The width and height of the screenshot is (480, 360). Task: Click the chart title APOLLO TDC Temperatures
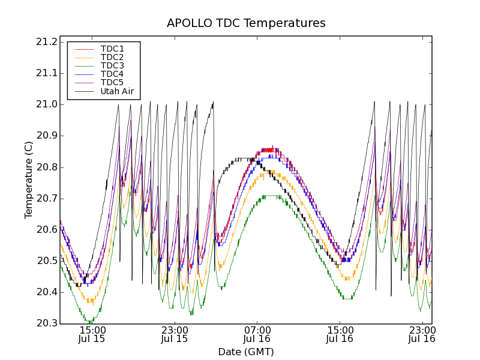pyautogui.click(x=246, y=23)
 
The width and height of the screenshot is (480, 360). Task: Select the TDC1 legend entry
pyautogui.click(x=112, y=49)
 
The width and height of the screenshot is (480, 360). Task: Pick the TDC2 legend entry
pyautogui.click(x=112, y=57)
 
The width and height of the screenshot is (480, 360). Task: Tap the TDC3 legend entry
pyautogui.click(x=112, y=65)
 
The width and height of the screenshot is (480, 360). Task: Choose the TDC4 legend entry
pyautogui.click(x=112, y=74)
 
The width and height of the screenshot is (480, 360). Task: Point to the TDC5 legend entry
pyautogui.click(x=112, y=82)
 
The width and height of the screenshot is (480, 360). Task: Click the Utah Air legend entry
pyautogui.click(x=116, y=91)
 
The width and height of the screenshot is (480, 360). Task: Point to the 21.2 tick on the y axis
pyautogui.click(x=46, y=42)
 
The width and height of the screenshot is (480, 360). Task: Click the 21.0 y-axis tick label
pyautogui.click(x=46, y=104)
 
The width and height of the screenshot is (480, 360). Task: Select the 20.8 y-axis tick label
pyautogui.click(x=46, y=167)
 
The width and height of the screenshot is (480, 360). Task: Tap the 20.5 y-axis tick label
pyautogui.click(x=46, y=261)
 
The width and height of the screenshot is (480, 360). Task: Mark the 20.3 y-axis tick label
pyautogui.click(x=46, y=323)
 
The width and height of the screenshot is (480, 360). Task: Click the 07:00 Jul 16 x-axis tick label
pyautogui.click(x=257, y=334)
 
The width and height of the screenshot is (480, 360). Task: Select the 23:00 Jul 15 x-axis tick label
pyautogui.click(x=174, y=334)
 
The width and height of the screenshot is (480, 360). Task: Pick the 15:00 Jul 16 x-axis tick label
pyautogui.click(x=340, y=334)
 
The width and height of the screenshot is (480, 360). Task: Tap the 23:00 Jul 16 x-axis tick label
pyautogui.click(x=422, y=334)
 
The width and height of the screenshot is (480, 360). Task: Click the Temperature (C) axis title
pyautogui.click(x=29, y=179)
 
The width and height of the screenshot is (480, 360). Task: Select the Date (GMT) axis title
pyautogui.click(x=246, y=352)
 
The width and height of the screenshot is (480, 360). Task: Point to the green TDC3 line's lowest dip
pyautogui.click(x=90, y=322)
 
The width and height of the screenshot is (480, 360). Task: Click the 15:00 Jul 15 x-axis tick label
pyautogui.click(x=92, y=334)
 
